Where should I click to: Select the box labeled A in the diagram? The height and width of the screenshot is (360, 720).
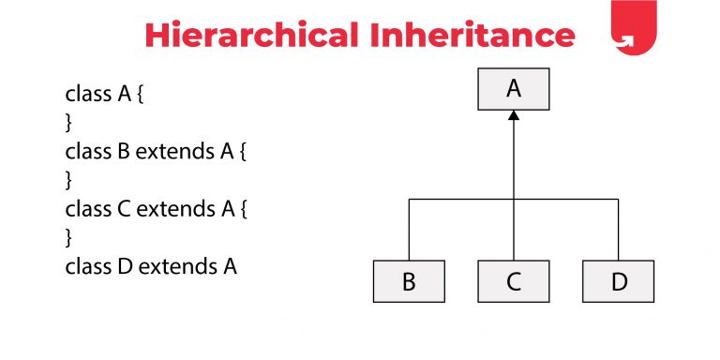click(513, 89)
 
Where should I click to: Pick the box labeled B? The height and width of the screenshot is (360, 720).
click(409, 281)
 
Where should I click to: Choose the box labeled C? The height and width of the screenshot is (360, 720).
click(513, 281)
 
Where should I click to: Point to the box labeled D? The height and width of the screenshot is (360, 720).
click(618, 281)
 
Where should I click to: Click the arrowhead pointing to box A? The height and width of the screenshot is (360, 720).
click(513, 116)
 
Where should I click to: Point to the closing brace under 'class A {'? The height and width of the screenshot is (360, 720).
click(68, 122)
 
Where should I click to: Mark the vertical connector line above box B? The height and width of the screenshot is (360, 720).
click(409, 229)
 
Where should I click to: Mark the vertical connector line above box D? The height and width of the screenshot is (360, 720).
click(618, 229)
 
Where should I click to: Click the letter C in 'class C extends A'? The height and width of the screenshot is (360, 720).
click(124, 208)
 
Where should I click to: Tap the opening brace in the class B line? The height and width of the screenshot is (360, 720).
click(242, 151)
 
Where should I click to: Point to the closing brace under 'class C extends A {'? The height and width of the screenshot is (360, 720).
click(68, 237)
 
